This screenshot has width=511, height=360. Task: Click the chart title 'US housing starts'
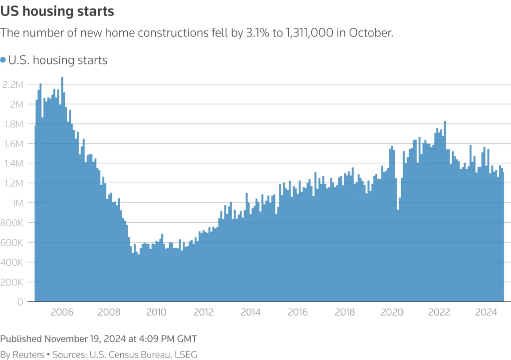pos(57,11)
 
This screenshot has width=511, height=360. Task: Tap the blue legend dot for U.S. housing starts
pos(3,60)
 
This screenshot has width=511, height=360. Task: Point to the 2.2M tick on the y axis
pos(13,84)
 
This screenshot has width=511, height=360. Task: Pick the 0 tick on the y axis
pos(20,302)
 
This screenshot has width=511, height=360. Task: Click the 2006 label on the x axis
pos(62,313)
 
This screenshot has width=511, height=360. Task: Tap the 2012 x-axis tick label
pos(203,313)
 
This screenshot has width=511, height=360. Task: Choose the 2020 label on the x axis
pos(392,313)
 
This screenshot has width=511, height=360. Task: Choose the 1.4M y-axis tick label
pos(13,163)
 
